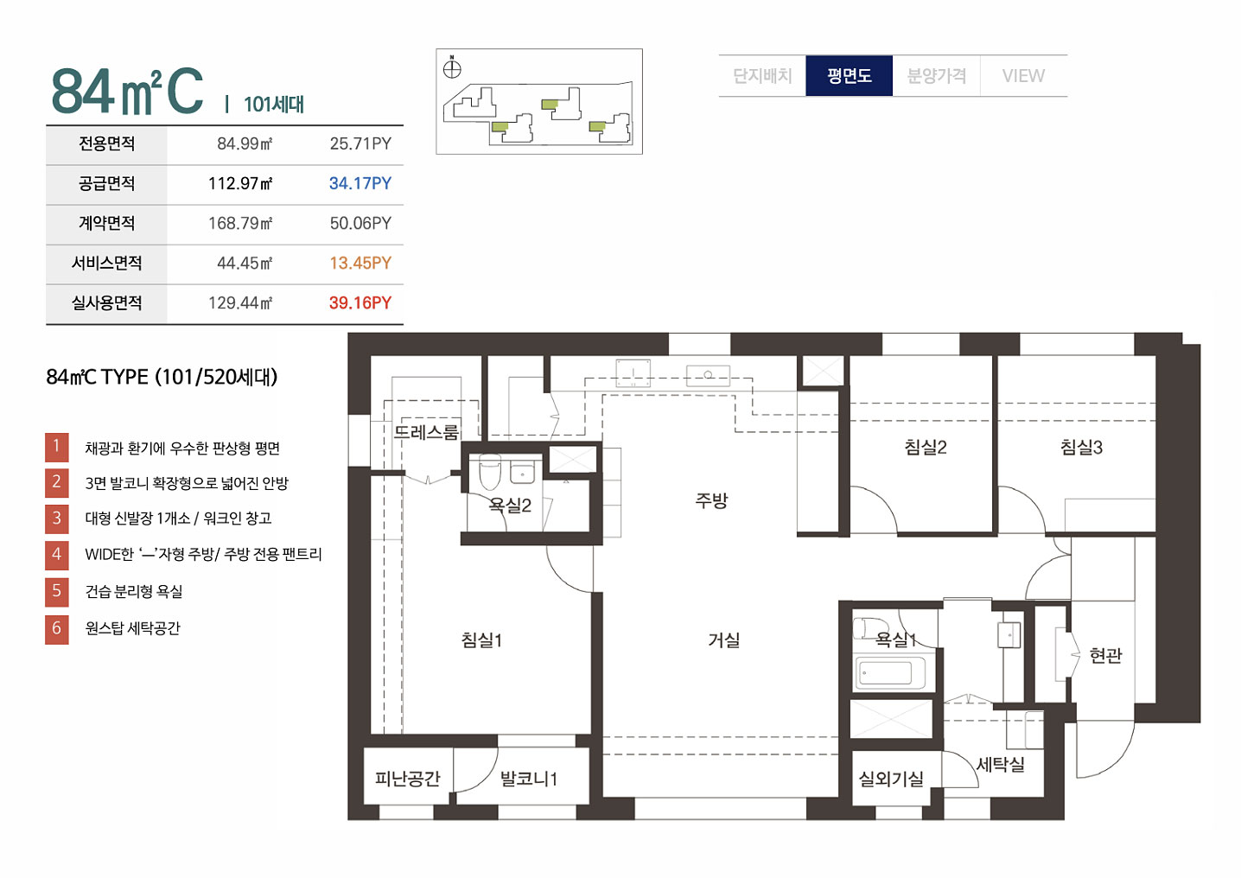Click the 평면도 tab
849,75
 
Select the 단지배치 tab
762,75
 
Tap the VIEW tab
1023,75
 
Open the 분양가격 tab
936,75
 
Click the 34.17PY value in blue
360,183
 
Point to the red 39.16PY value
360,303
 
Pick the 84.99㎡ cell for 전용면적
245,144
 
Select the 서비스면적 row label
106,263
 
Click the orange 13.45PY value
360,263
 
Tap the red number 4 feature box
56,555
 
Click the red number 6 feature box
56,629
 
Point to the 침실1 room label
481,639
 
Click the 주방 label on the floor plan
711,500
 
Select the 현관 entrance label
1105,655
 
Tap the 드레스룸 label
427,431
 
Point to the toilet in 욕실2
489,472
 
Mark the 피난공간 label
408,779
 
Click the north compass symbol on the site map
452,68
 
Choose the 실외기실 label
891,779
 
